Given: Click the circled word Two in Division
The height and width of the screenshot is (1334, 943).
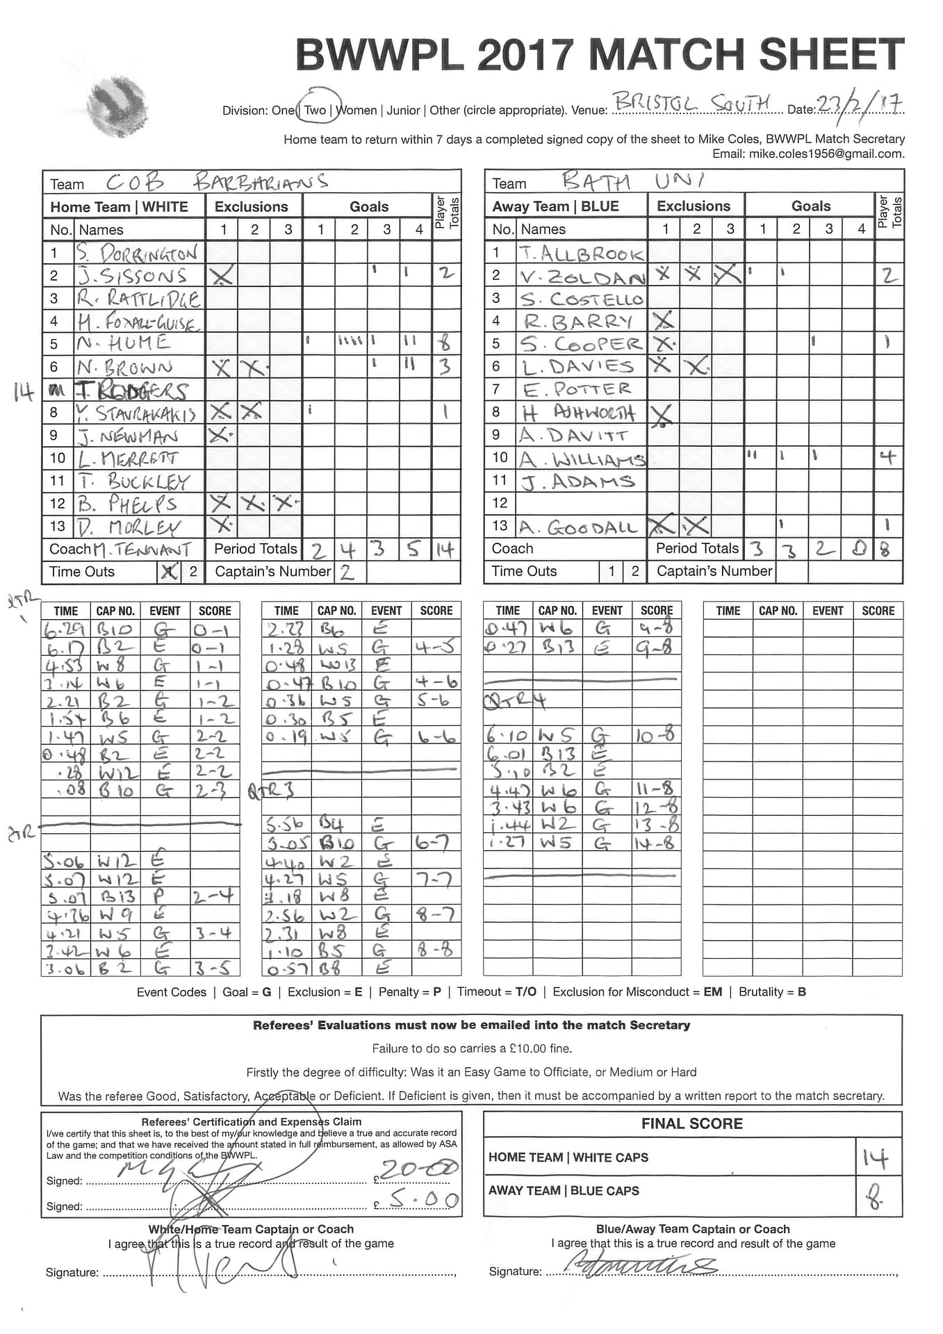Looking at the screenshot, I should tap(316, 110).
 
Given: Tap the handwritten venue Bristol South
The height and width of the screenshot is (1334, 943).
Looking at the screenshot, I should tap(691, 104).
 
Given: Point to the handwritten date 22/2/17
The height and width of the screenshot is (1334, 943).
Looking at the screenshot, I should tap(860, 105).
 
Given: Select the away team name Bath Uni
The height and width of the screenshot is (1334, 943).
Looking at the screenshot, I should tap(632, 181).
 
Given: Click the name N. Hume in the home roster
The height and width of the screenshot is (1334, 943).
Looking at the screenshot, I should tap(123, 343).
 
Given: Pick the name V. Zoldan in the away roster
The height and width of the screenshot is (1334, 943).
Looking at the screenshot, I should tap(582, 276).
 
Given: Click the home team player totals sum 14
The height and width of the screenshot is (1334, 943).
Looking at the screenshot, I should tap(445, 550).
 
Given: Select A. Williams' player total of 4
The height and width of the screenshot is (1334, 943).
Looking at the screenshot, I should tap(887, 457).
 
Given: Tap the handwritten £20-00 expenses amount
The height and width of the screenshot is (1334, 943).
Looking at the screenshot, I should tap(419, 1169).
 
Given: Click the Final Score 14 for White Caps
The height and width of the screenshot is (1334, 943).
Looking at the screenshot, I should tap(876, 1158).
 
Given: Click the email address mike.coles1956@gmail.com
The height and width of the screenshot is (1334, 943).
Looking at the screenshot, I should tap(826, 154).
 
